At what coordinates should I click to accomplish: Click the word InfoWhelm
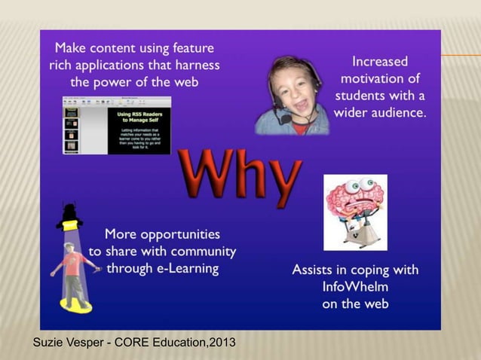[x=355, y=287]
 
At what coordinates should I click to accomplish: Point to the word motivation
[x=379, y=78]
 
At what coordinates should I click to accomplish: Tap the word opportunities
[x=173, y=233]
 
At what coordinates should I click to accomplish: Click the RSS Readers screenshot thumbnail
[x=116, y=125]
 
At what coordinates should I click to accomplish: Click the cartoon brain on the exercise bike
[x=354, y=211]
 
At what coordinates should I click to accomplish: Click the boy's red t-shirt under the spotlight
[x=75, y=264]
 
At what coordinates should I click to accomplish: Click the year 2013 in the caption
[x=221, y=343]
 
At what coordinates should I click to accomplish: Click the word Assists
[x=314, y=270]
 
